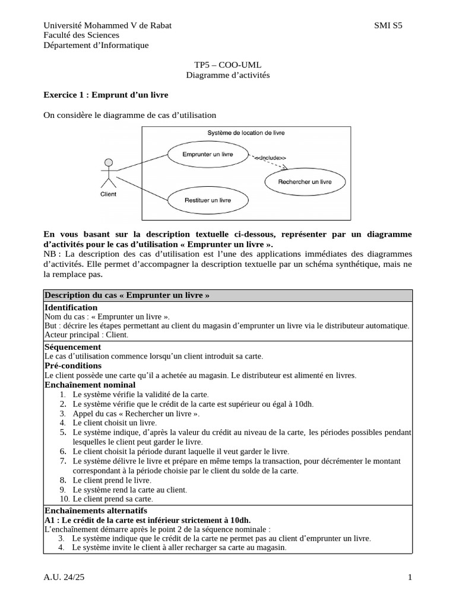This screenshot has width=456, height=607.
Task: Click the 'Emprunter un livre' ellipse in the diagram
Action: (199, 155)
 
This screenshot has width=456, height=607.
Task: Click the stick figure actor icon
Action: (107, 173)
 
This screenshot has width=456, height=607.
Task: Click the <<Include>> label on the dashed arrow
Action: (270, 158)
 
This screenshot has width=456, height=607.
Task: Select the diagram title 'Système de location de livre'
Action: (246, 133)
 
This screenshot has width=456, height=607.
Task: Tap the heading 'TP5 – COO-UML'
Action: (228, 65)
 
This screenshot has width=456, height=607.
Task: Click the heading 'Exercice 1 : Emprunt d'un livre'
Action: (106, 95)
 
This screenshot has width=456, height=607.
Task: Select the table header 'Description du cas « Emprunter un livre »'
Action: (127, 296)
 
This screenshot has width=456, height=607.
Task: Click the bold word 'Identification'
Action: (71, 307)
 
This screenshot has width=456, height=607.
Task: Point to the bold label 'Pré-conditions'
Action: (73, 366)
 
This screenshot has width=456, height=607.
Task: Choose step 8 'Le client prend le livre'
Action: (112, 480)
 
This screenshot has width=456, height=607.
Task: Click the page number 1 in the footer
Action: (410, 577)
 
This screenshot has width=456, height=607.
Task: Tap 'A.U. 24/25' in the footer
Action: (65, 577)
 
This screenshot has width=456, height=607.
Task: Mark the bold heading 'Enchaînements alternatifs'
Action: (96, 510)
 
